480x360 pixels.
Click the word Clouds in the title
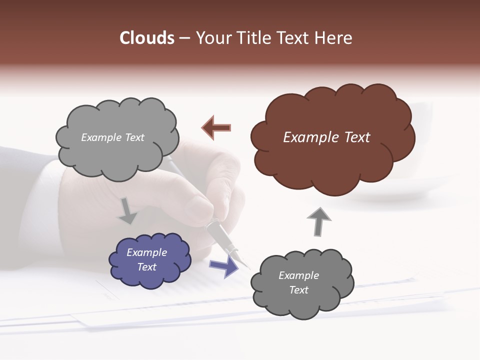146,38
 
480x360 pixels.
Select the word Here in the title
335,38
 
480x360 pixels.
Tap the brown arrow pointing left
216,128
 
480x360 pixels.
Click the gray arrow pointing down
127,211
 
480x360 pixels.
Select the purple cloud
149,260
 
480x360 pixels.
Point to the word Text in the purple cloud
147,267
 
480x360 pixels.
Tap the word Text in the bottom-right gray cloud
299,290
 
